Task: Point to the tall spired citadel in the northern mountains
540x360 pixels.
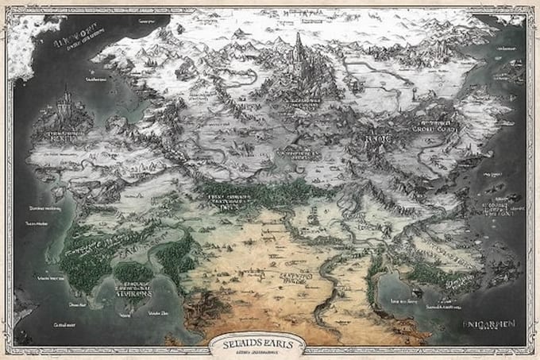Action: click(299, 54)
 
